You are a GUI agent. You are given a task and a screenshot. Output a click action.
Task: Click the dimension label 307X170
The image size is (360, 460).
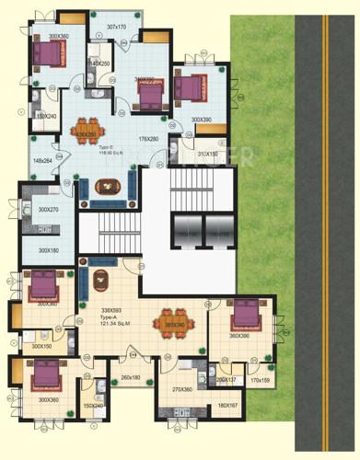click(115, 27)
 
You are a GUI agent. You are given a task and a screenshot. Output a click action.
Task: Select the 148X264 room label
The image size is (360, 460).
click(43, 161)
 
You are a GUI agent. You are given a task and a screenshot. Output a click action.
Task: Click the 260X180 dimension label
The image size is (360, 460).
click(130, 378)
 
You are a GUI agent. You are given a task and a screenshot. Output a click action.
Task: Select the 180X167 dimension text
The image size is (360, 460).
click(228, 406)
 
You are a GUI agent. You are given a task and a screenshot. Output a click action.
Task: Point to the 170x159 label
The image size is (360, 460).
click(260, 380)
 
